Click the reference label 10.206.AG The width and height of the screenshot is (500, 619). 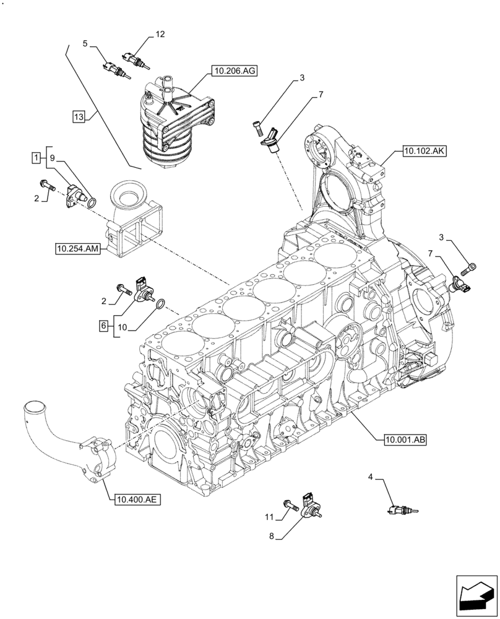pyautogui.click(x=234, y=72)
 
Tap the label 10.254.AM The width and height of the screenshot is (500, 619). pyautogui.click(x=78, y=249)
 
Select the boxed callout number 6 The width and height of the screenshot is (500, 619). pyautogui.click(x=104, y=324)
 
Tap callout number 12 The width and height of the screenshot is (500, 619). pyautogui.click(x=160, y=35)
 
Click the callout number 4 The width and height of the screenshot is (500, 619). pyautogui.click(x=370, y=477)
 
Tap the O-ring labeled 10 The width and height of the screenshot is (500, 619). pyautogui.click(x=160, y=304)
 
